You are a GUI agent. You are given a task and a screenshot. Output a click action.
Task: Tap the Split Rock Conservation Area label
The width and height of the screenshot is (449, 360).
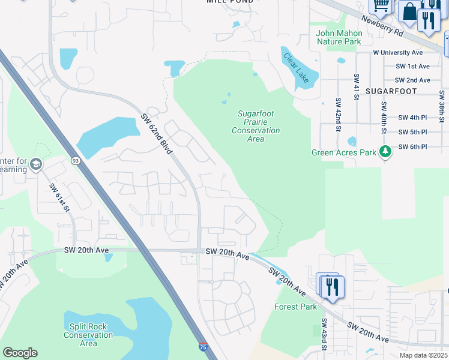coord(88,335)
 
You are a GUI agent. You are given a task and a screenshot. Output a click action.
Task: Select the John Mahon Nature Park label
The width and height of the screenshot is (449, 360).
coord(339,37)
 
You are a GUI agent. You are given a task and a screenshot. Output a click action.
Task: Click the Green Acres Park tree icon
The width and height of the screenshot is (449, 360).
coord(386,152)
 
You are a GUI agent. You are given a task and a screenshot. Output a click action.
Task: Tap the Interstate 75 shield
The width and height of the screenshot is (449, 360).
coord(204,347)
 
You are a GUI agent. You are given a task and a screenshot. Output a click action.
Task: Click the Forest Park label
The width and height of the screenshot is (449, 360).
coord(295,307)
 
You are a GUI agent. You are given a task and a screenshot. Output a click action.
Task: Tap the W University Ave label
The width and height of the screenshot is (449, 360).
coord(397,53)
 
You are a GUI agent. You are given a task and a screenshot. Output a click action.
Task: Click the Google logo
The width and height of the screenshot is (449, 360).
coord(20,353)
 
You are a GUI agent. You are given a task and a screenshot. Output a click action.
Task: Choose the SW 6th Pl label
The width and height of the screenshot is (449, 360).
coord(412,146)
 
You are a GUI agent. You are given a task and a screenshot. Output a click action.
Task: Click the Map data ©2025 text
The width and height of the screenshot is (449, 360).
coord(423,355)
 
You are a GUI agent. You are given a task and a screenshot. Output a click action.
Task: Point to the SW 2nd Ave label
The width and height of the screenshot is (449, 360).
coord(412,80)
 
